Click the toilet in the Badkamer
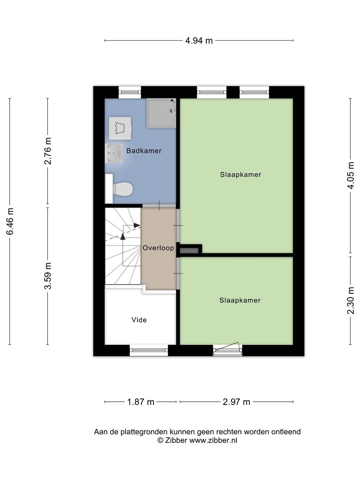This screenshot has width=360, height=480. click(119, 189)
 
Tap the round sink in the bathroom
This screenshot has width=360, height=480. click(114, 153)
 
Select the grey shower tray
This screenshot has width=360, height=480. click(162, 113)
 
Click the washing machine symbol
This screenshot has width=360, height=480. click(120, 128)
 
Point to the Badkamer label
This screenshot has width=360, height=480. click(144, 151)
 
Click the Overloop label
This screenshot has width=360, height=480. click(158, 248)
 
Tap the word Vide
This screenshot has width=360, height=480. click(139, 320)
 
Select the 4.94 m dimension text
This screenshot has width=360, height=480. click(199, 41)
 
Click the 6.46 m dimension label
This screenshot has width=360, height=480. click(10, 222)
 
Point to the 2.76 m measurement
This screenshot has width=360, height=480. click(48, 151)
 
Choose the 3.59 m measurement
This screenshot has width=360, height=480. click(48, 276)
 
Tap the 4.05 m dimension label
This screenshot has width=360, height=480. click(351, 175)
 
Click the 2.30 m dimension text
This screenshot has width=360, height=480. click(351, 300)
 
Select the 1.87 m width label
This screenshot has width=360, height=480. click(141, 402)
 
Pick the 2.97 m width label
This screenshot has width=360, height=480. click(236, 402)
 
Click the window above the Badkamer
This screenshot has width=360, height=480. click(130, 92)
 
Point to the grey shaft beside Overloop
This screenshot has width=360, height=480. click(189, 251)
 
